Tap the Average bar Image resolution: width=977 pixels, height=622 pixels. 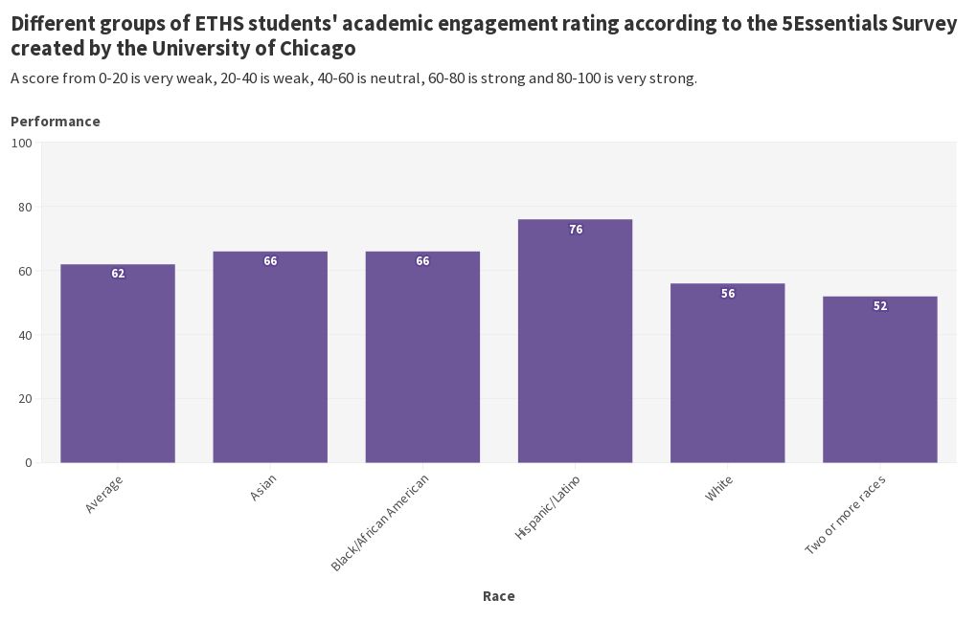pyautogui.click(x=118, y=364)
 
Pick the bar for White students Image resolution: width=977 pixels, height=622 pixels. pyautogui.click(x=727, y=373)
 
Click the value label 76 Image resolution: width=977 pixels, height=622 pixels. pyautogui.click(x=576, y=230)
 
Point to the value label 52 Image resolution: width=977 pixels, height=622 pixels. pyautogui.click(x=880, y=306)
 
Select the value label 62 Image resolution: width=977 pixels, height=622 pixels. pyautogui.click(x=118, y=274)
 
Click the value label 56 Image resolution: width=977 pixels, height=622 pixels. pyautogui.click(x=728, y=294)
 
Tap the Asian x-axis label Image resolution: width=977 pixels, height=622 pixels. pyautogui.click(x=263, y=488)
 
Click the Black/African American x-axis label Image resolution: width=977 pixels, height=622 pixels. pyautogui.click(x=380, y=522)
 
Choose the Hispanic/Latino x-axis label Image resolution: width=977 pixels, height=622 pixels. pyautogui.click(x=548, y=507)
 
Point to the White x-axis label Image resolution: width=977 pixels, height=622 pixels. pyautogui.click(x=719, y=488)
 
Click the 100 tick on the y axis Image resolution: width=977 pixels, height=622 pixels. pyautogui.click(x=22, y=144)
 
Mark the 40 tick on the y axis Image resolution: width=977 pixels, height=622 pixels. pyautogui.click(x=25, y=335)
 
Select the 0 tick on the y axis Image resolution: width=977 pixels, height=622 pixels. pyautogui.click(x=29, y=463)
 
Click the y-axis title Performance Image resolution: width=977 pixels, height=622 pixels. pyautogui.click(x=56, y=122)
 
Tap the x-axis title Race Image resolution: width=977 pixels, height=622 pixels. pyautogui.click(x=498, y=596)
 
